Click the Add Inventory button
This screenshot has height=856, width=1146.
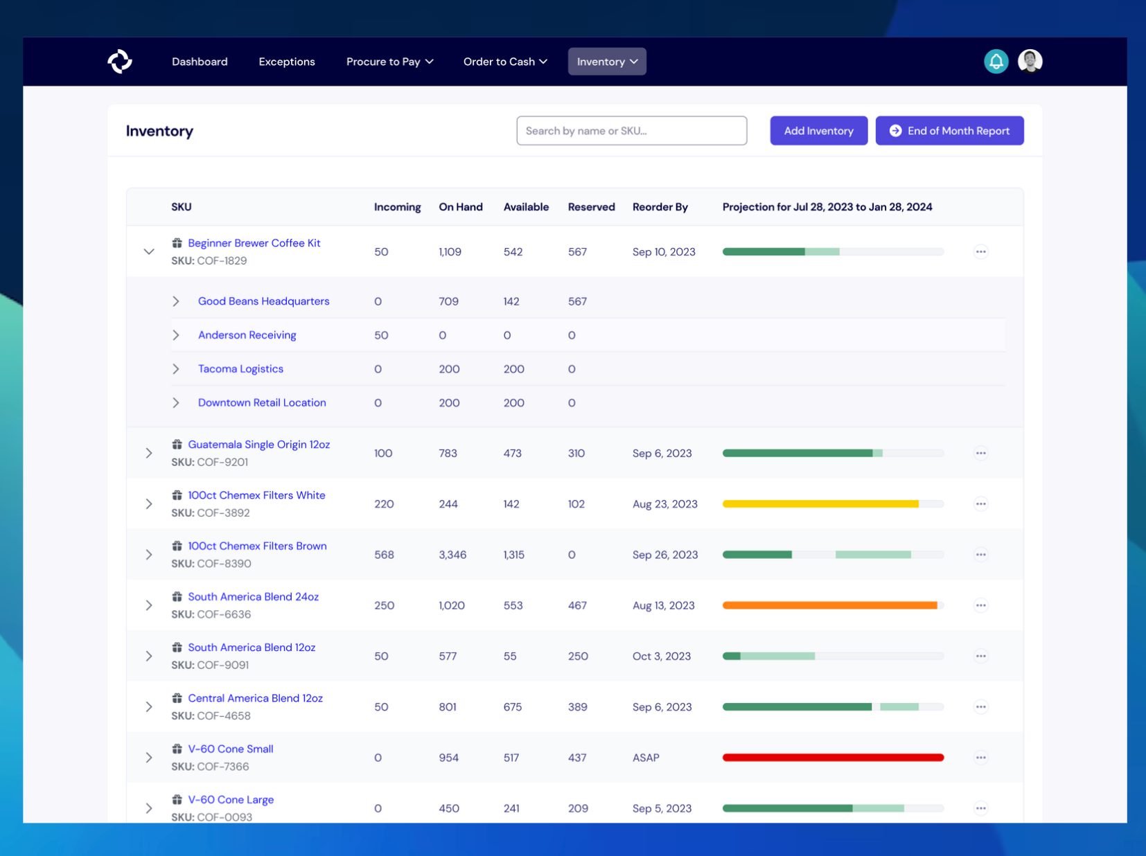[x=818, y=131]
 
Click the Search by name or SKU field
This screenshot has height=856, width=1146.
[x=631, y=131]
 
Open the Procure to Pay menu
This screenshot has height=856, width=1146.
[x=389, y=62]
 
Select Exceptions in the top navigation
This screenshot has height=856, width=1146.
[x=287, y=62]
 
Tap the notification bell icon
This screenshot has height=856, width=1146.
[x=996, y=62]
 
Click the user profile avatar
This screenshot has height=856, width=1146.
[x=1030, y=61]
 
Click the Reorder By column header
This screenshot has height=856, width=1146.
[x=660, y=207]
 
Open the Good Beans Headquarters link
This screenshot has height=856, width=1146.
[x=263, y=301]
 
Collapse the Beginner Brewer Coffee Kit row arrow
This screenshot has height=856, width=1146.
[x=149, y=251]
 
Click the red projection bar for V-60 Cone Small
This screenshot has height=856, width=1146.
[x=833, y=758]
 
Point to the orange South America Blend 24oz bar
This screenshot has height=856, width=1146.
[x=829, y=605]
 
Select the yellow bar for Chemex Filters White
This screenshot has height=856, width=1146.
[x=820, y=504]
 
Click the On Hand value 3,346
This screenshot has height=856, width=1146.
[x=452, y=555]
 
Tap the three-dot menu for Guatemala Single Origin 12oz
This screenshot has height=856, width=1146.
[x=980, y=453]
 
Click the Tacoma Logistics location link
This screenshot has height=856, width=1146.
[x=240, y=369]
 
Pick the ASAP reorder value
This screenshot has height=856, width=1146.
[x=646, y=758]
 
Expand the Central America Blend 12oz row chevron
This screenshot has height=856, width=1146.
[x=149, y=707]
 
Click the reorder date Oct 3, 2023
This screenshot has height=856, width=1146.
[x=661, y=657]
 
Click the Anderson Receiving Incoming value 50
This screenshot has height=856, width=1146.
[x=381, y=335]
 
